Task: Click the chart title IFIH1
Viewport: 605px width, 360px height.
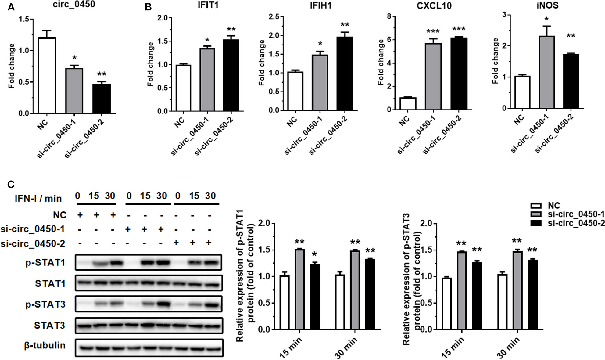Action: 319,5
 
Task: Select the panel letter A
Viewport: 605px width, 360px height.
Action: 11,7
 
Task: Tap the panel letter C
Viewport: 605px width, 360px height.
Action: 11,184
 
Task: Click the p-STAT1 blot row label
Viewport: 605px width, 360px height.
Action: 45,263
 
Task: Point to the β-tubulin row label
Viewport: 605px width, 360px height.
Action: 45,345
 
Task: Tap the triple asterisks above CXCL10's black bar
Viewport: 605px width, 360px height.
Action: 459,29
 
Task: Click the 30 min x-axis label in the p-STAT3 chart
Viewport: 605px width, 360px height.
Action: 509,347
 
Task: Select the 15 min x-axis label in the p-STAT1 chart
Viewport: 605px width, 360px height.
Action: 291,347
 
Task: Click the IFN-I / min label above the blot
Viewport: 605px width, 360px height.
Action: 38,199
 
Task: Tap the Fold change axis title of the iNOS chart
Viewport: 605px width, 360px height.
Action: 496,61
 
